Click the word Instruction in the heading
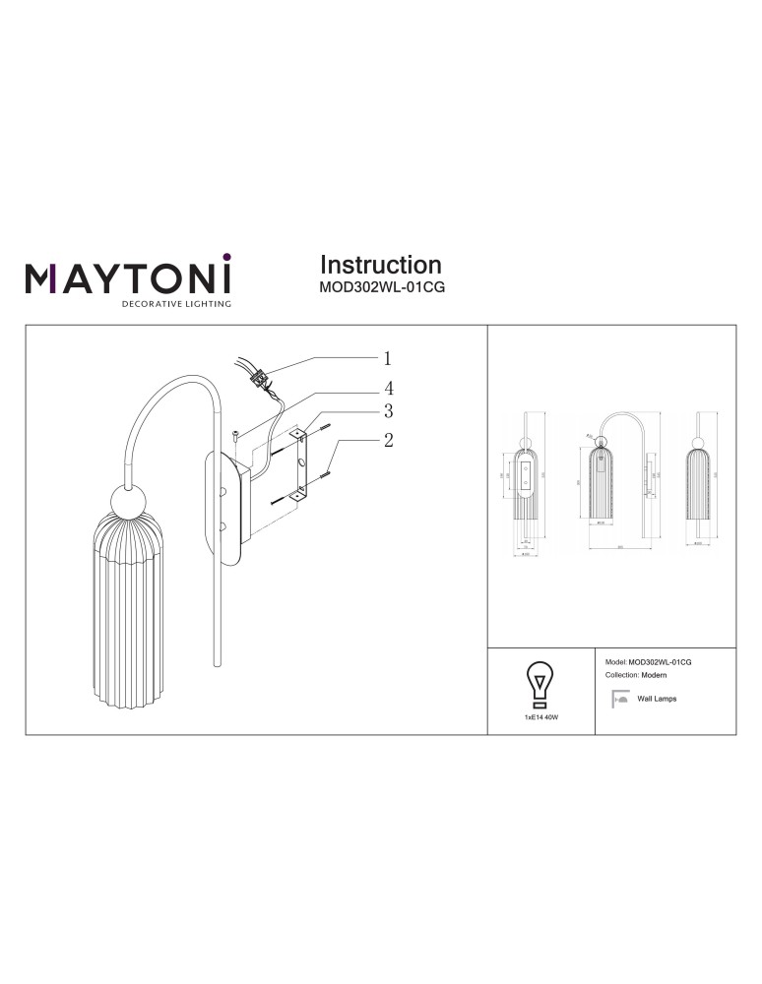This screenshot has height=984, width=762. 381,265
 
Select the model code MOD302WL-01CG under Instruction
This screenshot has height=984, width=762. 382,289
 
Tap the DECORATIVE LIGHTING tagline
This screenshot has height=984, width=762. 176,305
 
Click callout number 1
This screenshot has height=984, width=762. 388,357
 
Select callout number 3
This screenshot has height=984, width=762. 388,411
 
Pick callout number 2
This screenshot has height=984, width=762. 388,440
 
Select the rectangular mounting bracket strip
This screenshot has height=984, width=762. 300,461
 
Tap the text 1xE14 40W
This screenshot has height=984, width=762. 540,718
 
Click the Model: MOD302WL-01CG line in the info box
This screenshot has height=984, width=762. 645,663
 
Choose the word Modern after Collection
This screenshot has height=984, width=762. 654,677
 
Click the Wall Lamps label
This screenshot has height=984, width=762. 657,699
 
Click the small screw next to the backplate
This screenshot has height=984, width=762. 235,435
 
